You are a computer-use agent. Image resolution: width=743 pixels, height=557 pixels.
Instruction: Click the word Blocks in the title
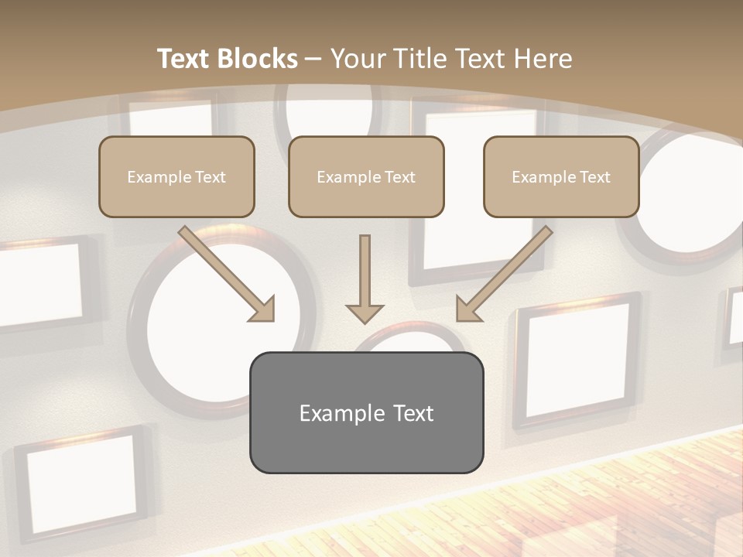(x=257, y=59)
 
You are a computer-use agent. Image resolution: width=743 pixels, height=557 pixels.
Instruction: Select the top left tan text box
(x=176, y=176)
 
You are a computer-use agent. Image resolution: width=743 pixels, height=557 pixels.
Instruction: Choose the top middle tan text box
(x=366, y=176)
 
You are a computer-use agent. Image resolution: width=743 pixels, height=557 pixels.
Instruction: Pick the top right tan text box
(x=561, y=176)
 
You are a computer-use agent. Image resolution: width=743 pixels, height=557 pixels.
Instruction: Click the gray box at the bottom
(x=366, y=412)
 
